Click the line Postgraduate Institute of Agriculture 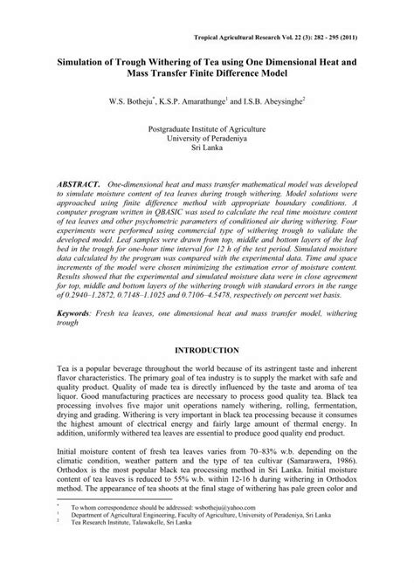point(206,127)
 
